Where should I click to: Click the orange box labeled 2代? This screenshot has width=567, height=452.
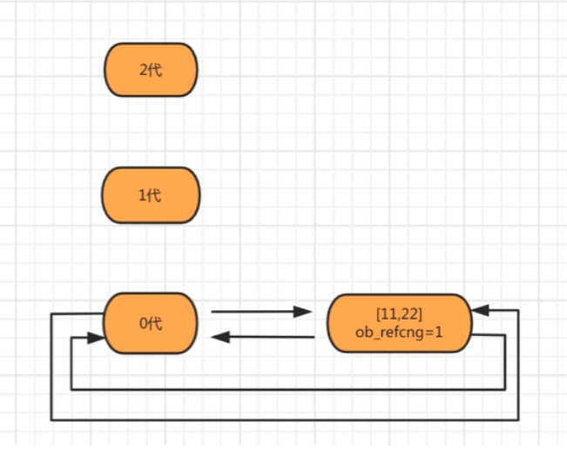pos(151,70)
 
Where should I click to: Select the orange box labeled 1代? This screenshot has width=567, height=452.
pos(151,195)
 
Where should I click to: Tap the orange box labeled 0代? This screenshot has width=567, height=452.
pos(151,323)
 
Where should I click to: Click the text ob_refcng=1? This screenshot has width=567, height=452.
pos(399,332)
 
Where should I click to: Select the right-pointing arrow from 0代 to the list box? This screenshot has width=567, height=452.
pos(261,311)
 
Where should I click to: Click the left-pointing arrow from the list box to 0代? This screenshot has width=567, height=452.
pos(263,337)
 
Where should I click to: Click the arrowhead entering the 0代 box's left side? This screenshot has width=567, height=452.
pos(96,338)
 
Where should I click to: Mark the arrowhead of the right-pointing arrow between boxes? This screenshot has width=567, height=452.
pos(302,311)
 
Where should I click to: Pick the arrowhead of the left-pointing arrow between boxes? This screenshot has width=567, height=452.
pos(220,337)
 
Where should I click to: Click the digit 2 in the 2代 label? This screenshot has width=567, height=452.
pos(144,70)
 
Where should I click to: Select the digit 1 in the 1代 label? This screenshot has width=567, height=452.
pos(142,196)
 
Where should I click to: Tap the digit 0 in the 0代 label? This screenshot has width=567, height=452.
pos(144,323)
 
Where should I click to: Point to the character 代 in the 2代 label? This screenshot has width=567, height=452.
pos(155,70)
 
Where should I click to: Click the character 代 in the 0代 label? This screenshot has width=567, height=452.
pos(155,323)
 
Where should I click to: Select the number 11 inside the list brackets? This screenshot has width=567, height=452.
pos(389,314)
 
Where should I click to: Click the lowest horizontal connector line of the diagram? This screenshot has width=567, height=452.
pos(285,420)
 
